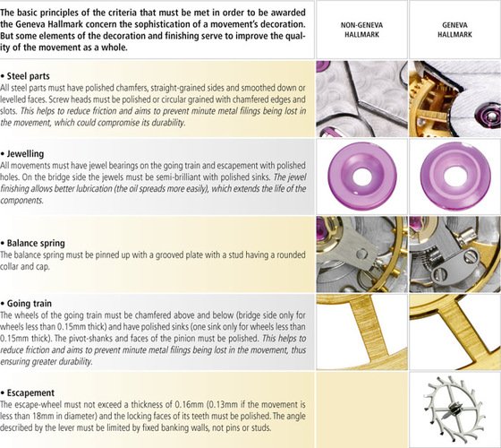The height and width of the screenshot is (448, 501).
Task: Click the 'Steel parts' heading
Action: pos(29,76)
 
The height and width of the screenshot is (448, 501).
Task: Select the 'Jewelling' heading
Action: pos(25,154)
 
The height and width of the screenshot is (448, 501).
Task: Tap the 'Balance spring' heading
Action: pos(36,243)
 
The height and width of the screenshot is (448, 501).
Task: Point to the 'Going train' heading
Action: pos(29,304)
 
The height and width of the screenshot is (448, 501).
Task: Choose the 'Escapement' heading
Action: pos(30,392)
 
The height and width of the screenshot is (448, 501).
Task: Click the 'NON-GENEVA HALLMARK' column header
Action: pos(361,30)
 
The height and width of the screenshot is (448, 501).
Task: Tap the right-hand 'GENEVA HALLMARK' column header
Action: pos(454,30)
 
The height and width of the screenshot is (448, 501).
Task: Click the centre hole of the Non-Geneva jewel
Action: pos(361,176)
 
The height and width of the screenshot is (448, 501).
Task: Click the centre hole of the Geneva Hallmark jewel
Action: pos(454,176)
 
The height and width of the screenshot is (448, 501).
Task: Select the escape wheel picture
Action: pos(454,409)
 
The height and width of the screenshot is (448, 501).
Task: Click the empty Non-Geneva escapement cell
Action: pos(361,409)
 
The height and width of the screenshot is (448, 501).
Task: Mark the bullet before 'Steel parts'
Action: pos(3,77)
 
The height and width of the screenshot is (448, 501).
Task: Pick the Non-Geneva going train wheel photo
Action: pos(361,332)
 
